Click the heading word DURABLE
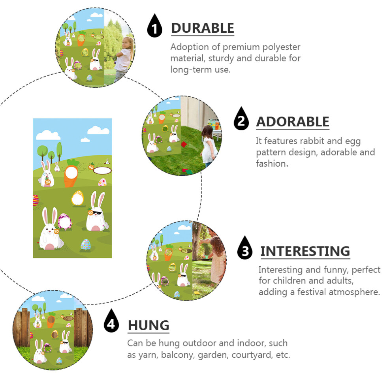203,28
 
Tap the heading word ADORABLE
293,122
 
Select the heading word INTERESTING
305,251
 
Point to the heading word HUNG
149,325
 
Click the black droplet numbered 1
154,26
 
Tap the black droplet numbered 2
241,119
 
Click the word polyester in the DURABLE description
282,47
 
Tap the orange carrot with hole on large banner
71,173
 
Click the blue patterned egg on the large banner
86,244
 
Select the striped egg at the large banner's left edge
36,200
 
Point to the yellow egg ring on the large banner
77,198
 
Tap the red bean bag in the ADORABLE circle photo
184,145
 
